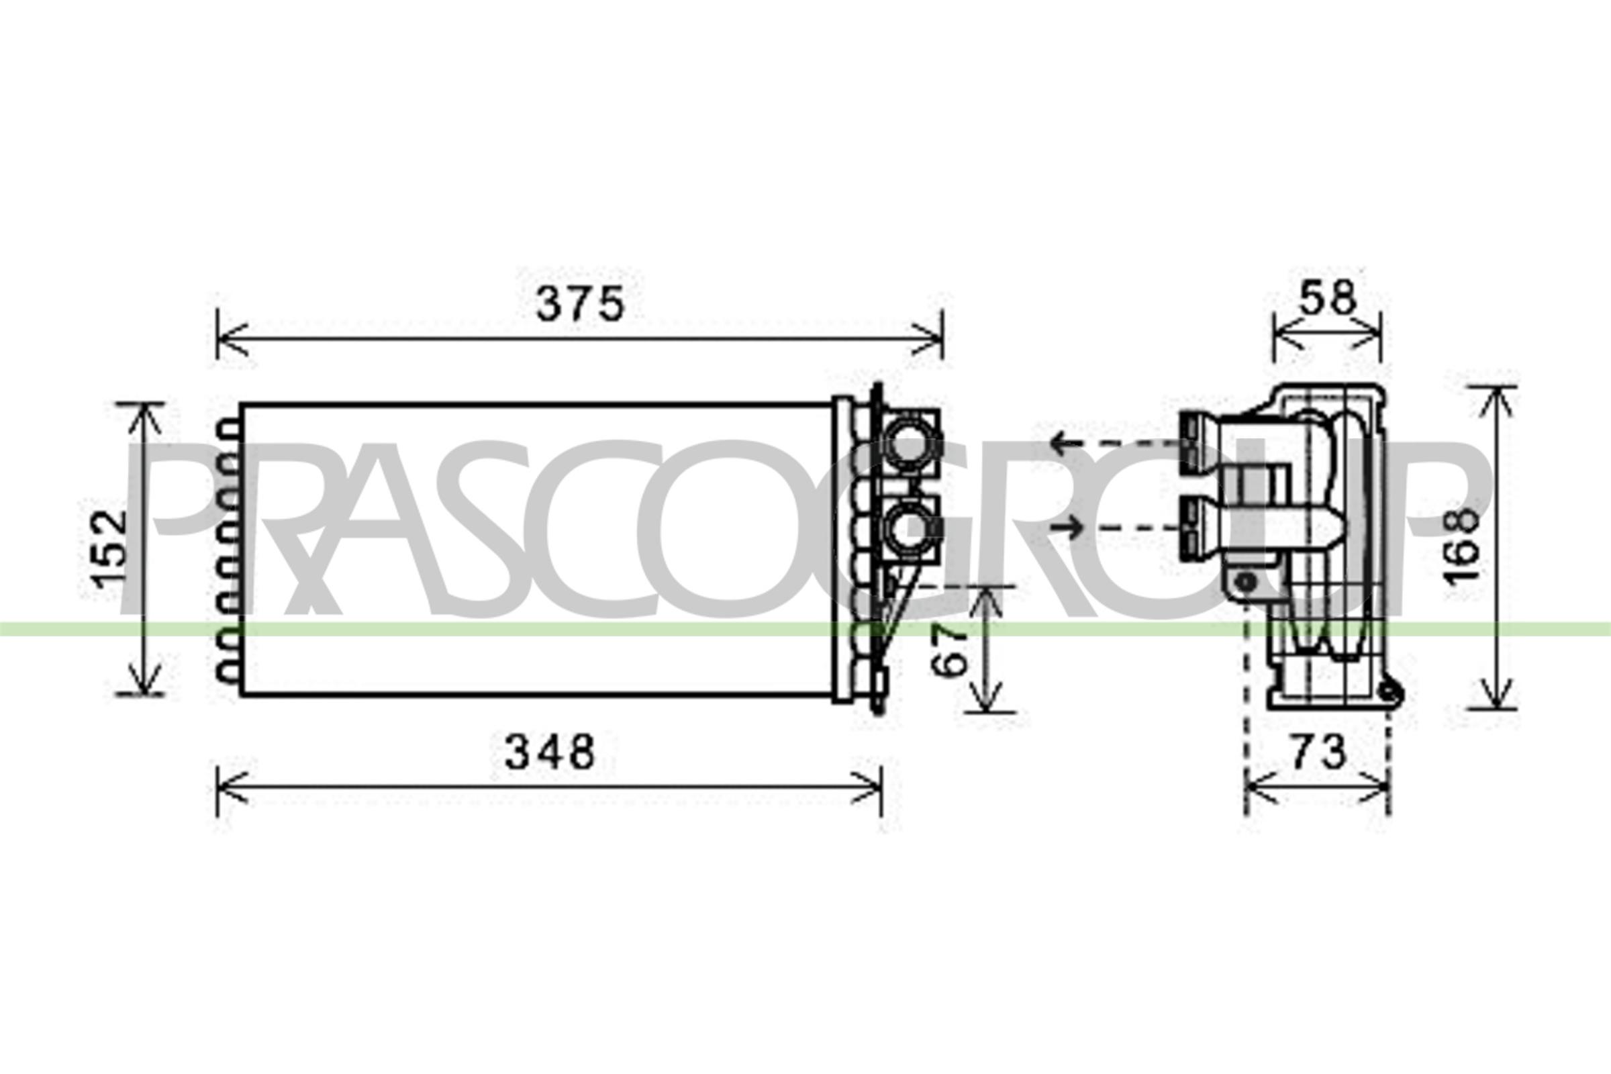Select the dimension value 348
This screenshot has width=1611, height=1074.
[550, 751]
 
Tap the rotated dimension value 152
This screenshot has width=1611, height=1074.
[111, 550]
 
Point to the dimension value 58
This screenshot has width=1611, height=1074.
[1328, 298]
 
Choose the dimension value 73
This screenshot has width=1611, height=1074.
[1318, 752]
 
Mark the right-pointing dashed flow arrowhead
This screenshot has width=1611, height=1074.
[1074, 527]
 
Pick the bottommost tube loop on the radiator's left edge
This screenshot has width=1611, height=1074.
[229, 673]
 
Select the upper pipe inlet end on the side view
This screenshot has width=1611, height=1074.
[1190, 444]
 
